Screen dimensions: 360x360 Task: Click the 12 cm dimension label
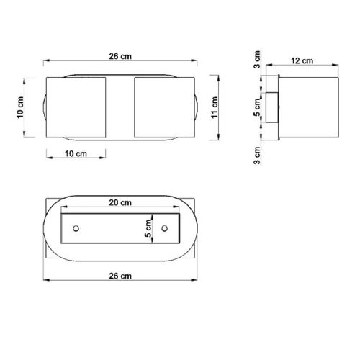coord(302,62)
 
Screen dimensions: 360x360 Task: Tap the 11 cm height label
coord(215,107)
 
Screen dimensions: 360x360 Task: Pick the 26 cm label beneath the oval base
coord(120,276)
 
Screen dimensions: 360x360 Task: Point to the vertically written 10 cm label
coord(22,107)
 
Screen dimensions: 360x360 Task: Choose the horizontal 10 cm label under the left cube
coord(75,153)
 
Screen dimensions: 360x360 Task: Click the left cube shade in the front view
coord(76,107)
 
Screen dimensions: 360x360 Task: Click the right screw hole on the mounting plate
coord(165,229)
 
